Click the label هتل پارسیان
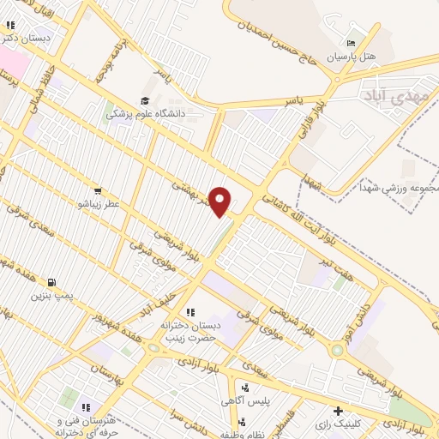click(358, 57)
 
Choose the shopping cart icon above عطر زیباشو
click(100, 191)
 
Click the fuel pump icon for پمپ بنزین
click(54, 282)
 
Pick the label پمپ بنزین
click(54, 296)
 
